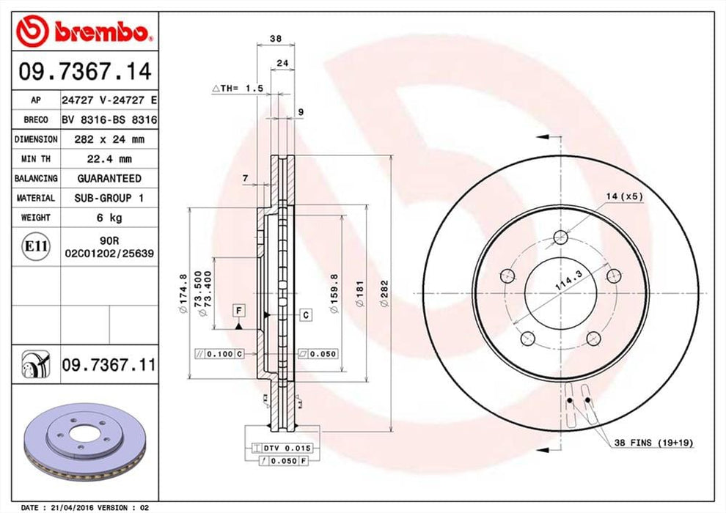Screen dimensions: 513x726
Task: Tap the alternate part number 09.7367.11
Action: (x=110, y=363)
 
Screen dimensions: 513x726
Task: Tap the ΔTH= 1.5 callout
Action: (x=238, y=88)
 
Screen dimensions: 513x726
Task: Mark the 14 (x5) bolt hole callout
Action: (x=624, y=196)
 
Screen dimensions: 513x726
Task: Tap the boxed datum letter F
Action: (x=239, y=311)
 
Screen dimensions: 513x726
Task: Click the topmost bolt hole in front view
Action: (x=561, y=237)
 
